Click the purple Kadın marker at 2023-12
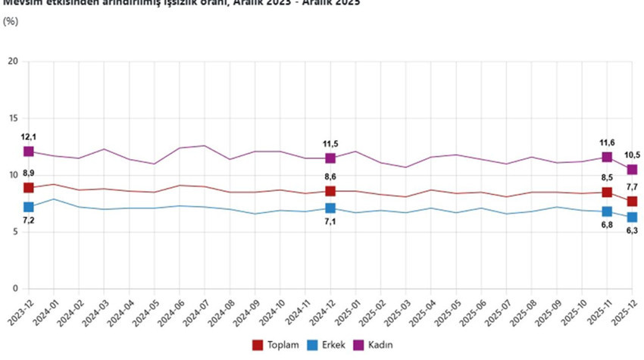[29, 152]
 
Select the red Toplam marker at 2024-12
[330, 191]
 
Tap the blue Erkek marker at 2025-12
[632, 218]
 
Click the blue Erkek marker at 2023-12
[29, 207]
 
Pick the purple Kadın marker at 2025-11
[607, 157]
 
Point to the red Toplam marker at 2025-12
[632, 202]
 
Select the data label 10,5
[632, 155]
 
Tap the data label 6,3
[632, 231]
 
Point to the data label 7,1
[330, 222]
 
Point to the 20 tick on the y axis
[12, 61]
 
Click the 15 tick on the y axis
[12, 118]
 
